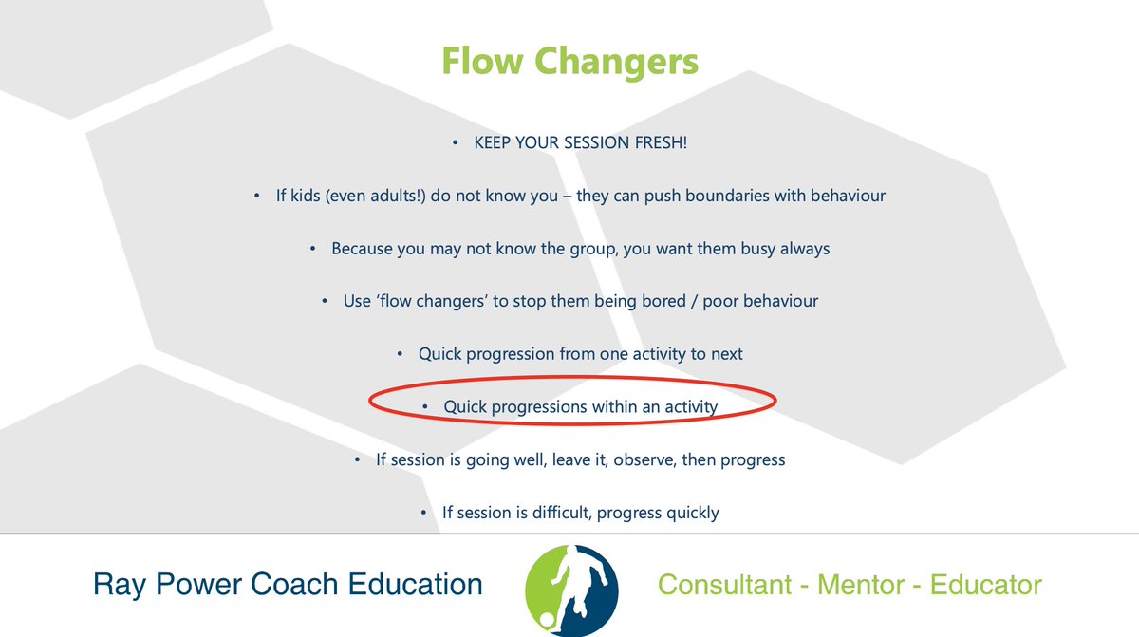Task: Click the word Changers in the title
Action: [x=616, y=63]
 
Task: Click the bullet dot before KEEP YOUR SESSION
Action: [x=456, y=144]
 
